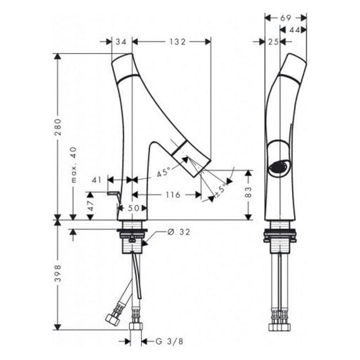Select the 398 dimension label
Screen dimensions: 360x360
click(x=58, y=274)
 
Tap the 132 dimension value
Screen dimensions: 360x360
click(x=177, y=42)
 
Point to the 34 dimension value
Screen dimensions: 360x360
click(x=121, y=42)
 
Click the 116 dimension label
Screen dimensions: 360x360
click(x=173, y=195)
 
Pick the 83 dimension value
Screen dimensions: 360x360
click(x=248, y=192)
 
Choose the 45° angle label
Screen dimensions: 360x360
click(x=164, y=172)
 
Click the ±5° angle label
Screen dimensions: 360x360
click(x=220, y=191)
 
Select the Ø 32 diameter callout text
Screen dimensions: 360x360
click(x=178, y=232)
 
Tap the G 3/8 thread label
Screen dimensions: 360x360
click(x=169, y=341)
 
